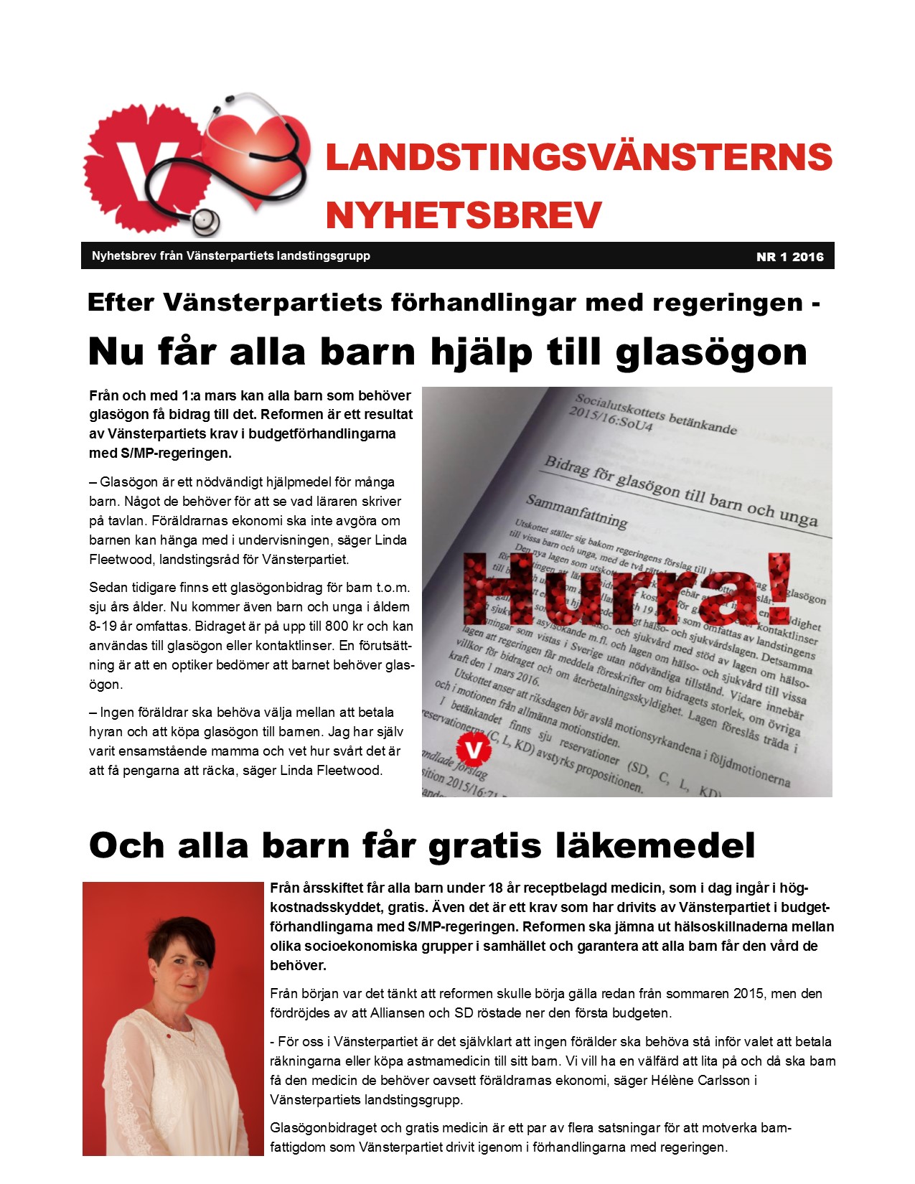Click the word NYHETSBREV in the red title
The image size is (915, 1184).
click(x=464, y=215)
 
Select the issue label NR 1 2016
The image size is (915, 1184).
click(x=789, y=257)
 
